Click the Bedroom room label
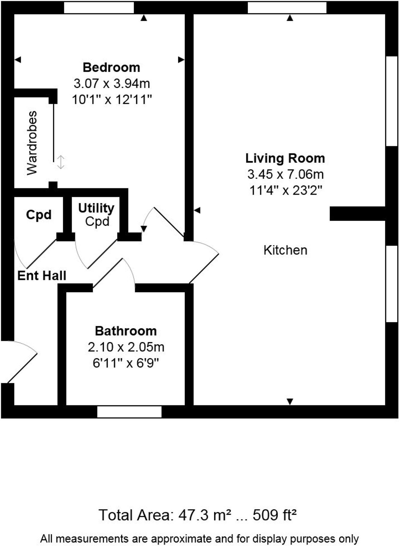(x=111, y=67)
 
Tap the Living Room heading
(x=285, y=158)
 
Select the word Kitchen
(x=285, y=250)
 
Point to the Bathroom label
(x=126, y=331)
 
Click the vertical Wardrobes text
(x=32, y=143)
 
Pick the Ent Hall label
(x=42, y=276)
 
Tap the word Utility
(x=96, y=208)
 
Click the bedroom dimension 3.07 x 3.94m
(x=111, y=83)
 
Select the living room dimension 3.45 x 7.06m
(x=285, y=174)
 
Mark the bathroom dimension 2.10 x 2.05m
(x=126, y=347)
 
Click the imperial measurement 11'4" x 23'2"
(x=285, y=190)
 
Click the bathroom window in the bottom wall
(x=129, y=412)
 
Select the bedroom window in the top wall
(x=99, y=8)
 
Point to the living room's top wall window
(x=287, y=8)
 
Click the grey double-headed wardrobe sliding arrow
(x=61, y=162)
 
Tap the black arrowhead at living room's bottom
(x=290, y=401)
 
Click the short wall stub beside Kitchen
(x=357, y=214)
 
